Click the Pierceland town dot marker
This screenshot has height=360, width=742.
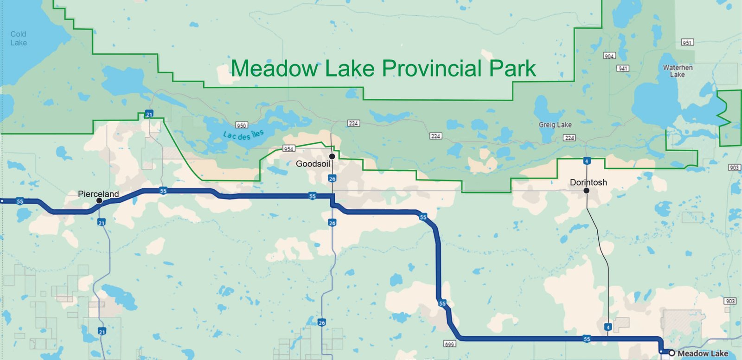pyautogui.click(x=99, y=201)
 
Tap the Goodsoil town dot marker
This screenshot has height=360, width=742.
pyautogui.click(x=332, y=156)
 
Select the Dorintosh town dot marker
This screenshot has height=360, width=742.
pyautogui.click(x=586, y=191)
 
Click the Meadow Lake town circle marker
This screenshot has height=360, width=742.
pyautogui.click(x=672, y=353)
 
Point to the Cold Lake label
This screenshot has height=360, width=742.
pyautogui.click(x=19, y=39)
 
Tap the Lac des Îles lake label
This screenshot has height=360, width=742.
pyautogui.click(x=243, y=135)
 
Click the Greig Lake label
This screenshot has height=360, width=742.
pyautogui.click(x=555, y=125)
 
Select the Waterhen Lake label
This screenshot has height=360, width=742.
pyautogui.click(x=678, y=71)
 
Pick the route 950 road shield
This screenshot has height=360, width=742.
pyautogui.click(x=242, y=125)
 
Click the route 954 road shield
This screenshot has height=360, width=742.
pyautogui.click(x=288, y=148)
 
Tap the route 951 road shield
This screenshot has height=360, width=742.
pyautogui.click(x=687, y=43)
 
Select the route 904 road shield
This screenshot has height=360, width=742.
pyautogui.click(x=609, y=56)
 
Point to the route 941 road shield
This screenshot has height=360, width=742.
pyautogui.click(x=623, y=68)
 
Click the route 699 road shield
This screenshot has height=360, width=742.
pyautogui.click(x=449, y=344)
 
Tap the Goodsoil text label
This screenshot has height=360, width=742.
pyautogui.click(x=313, y=164)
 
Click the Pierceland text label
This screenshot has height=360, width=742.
pyautogui.click(x=98, y=194)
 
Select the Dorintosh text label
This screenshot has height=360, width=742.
pyautogui.click(x=588, y=182)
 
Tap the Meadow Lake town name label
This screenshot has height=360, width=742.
pyautogui.click(x=703, y=354)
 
